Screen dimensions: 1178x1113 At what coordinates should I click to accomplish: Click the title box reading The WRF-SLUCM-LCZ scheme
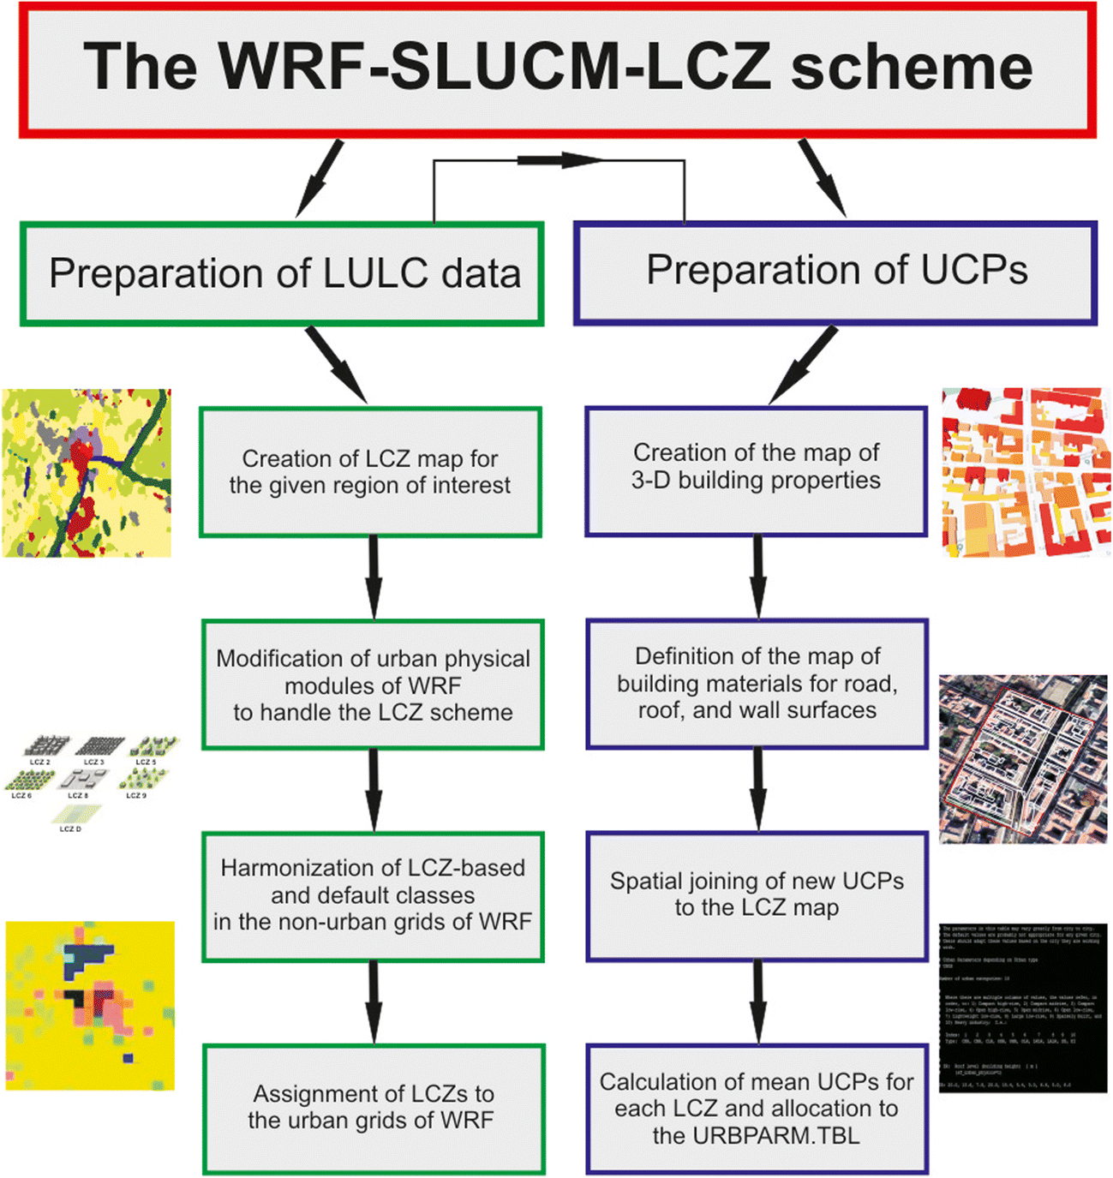click(557, 69)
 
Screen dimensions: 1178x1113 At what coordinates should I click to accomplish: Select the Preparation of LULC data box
click(282, 274)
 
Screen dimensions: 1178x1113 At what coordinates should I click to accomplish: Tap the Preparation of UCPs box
click(835, 272)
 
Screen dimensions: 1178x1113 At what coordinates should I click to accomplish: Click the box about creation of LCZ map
click(370, 472)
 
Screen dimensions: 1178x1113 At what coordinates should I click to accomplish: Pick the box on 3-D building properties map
click(756, 470)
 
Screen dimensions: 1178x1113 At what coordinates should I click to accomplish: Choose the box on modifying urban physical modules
click(373, 685)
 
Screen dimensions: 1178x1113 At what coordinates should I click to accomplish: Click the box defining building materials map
click(757, 684)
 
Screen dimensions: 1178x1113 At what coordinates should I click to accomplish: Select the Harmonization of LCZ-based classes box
click(373, 895)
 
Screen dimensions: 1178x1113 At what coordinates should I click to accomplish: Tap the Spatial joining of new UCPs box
click(757, 895)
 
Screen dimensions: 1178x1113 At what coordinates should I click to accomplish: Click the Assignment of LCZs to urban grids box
click(373, 1108)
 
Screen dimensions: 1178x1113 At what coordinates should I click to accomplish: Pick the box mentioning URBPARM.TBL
click(757, 1109)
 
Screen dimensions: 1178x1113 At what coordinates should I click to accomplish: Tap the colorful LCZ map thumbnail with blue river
click(87, 473)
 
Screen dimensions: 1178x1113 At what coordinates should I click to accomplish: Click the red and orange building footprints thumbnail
click(1026, 472)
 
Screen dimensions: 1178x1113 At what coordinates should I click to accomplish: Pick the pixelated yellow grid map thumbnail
click(90, 1006)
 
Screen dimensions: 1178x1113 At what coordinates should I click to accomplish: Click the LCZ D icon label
click(70, 828)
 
